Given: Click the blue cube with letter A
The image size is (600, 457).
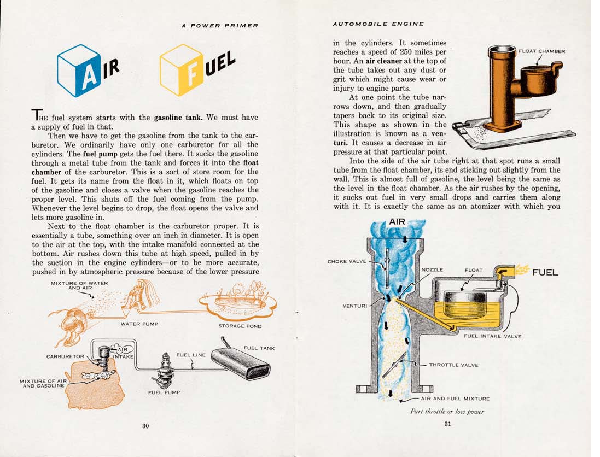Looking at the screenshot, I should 79,71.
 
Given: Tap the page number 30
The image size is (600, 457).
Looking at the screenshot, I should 145,426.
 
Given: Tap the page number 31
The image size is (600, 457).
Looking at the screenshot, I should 447,424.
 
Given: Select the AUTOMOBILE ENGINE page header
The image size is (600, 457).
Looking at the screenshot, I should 378,24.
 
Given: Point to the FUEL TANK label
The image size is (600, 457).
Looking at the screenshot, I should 259,348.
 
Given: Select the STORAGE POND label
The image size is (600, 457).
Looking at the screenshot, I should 240,326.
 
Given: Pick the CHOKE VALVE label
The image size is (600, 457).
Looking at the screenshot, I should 347,262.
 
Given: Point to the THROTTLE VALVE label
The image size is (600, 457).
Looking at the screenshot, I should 453,365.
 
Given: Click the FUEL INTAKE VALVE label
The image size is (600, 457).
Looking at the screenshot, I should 492,336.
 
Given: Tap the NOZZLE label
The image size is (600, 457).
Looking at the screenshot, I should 432,270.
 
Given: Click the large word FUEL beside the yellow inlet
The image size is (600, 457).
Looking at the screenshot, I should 545,272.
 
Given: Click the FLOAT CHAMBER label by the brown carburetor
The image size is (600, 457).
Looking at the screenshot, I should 541,51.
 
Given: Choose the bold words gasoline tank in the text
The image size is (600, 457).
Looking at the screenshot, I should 179,118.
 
